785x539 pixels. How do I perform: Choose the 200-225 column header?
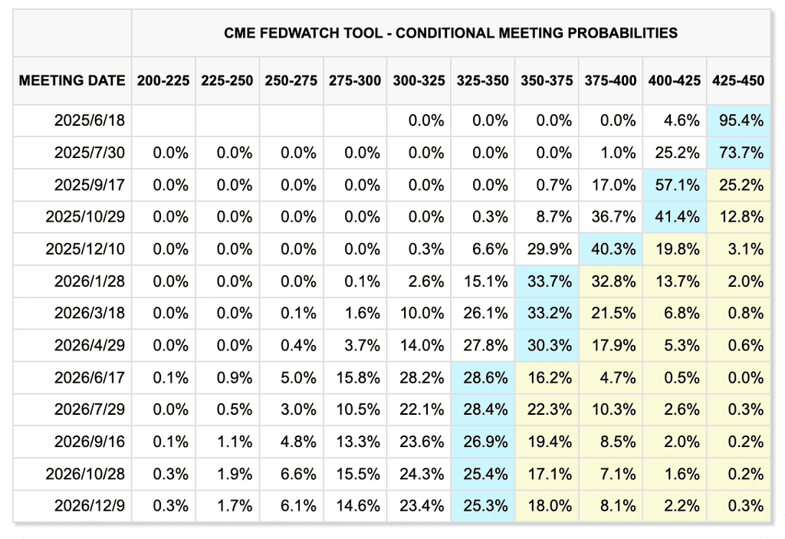[x=163, y=81]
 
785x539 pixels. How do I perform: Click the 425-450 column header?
[x=738, y=81]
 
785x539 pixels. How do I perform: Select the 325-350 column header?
[x=483, y=81]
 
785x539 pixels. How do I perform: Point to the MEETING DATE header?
[x=72, y=81]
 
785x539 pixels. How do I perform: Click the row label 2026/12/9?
[x=90, y=506]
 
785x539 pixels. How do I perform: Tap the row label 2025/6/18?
[x=90, y=120]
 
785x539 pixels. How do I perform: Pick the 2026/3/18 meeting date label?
[x=90, y=313]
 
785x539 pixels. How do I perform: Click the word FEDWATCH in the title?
[x=296, y=33]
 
